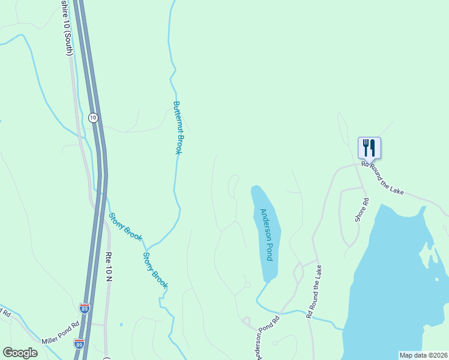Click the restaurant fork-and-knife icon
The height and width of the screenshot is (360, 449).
pos(369,147)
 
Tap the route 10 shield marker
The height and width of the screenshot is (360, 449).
pos(92,118)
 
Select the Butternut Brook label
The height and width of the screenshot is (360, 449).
pos(178,127)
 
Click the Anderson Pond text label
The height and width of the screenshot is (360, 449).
pos(267,234)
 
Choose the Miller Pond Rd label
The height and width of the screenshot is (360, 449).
pos(61,333)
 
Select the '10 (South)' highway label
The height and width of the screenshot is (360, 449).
pos(67,28)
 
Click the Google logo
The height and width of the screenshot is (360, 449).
pos(20,353)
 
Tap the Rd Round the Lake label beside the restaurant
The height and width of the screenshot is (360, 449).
pos(382,177)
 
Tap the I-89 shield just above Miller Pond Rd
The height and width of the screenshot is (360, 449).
pos(85,308)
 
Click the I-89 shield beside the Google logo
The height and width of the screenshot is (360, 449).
pos(79,344)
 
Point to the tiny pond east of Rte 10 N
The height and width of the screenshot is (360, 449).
pos(121,325)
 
